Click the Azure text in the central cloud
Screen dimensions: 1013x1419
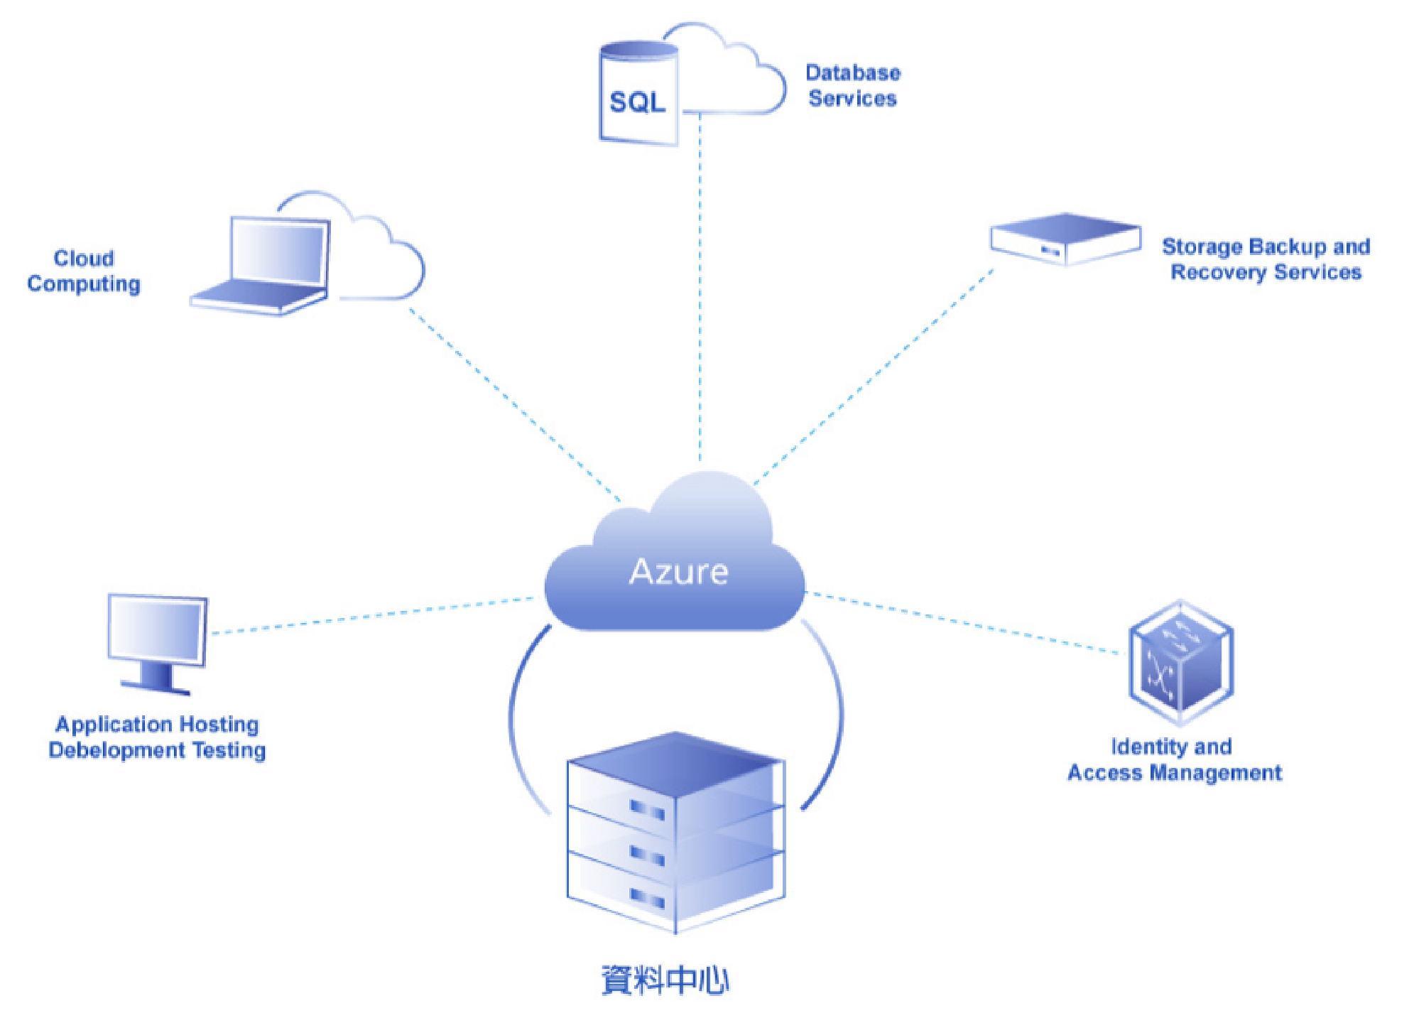[678, 572]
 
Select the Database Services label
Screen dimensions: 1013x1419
[852, 85]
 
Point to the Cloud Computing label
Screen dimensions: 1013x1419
[84, 271]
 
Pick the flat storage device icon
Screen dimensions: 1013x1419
[1065, 239]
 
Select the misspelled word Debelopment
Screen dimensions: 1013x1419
[117, 750]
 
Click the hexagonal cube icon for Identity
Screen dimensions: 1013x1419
[1180, 662]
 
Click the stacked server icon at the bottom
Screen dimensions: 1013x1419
[675, 831]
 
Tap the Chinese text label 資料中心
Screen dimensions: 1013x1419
[665, 980]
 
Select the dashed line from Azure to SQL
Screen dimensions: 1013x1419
[700, 284]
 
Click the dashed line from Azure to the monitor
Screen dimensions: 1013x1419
[369, 615]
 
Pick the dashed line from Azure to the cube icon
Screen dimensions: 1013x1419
[966, 622]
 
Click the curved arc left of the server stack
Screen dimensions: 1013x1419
[515, 717]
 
